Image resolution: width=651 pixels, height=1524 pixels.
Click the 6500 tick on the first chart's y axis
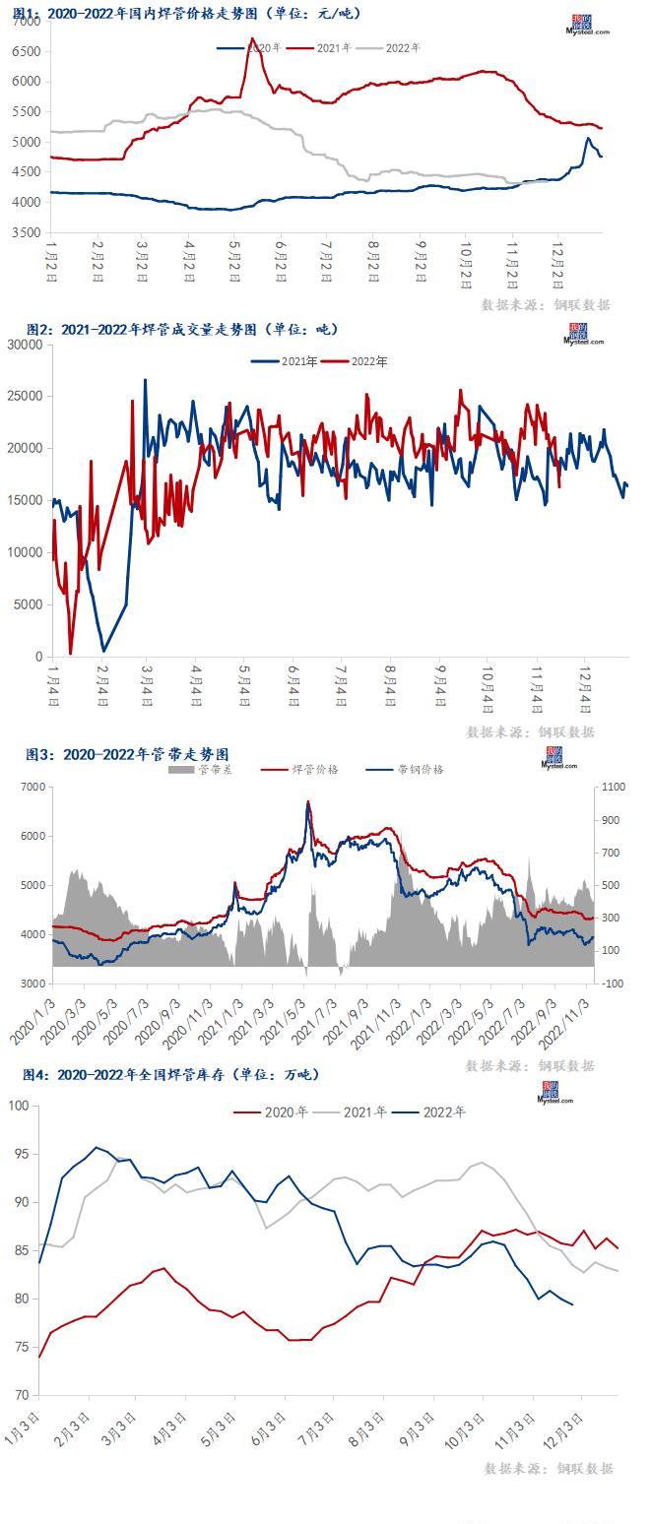tap(27, 51)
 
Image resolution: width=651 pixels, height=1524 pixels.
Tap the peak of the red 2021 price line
tap(252, 38)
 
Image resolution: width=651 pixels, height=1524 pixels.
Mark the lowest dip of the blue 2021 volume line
tap(103, 651)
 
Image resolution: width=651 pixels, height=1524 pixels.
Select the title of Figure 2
tap(182, 329)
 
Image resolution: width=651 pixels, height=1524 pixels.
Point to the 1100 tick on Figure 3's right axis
tap(612, 788)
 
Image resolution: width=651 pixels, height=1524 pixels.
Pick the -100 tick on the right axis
tap(611, 984)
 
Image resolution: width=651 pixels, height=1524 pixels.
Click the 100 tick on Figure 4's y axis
tap(20, 1106)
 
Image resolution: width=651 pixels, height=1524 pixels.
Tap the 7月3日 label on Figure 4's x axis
tap(319, 1428)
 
